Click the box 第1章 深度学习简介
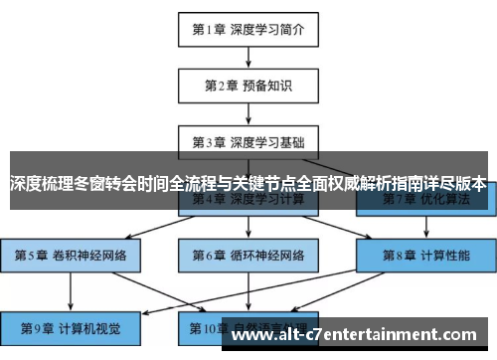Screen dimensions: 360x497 248,29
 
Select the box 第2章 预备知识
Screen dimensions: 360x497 248,86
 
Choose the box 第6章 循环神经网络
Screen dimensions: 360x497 248,256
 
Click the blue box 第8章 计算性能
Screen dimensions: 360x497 425,256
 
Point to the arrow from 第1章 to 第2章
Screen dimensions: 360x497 248,57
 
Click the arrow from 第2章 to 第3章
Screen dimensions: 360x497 248,112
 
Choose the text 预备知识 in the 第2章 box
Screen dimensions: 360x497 265,86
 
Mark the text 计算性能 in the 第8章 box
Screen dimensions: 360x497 443,256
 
